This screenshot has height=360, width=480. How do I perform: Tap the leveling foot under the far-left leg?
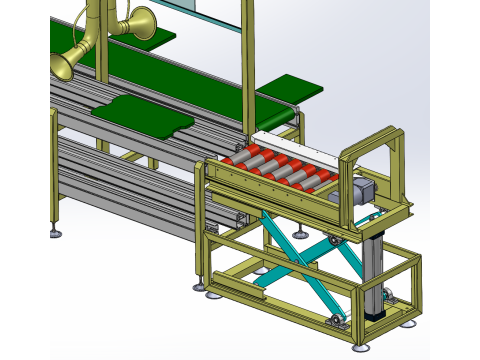click(54, 234)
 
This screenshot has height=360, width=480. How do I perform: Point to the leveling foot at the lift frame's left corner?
click(212, 293)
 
